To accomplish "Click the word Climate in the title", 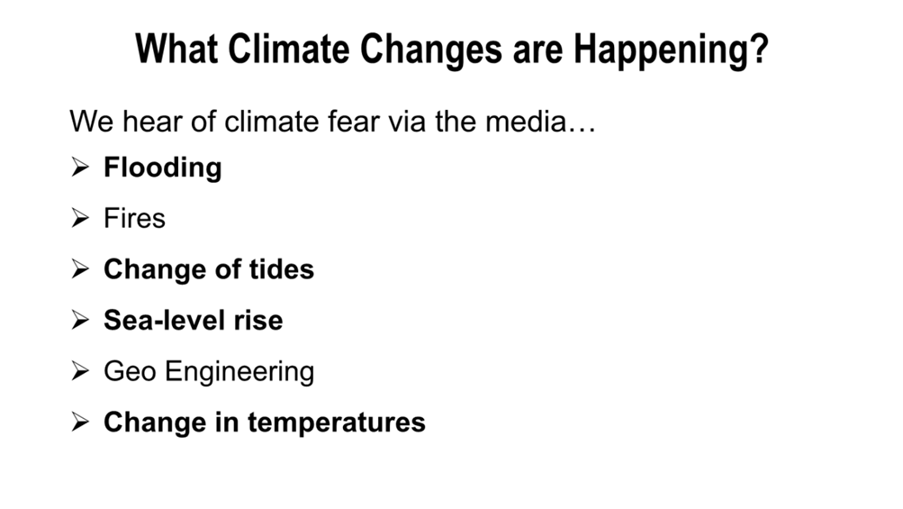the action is coord(288,49).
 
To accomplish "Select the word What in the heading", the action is coord(176,49).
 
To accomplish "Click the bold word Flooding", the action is coord(162,168).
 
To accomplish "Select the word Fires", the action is coord(134,219).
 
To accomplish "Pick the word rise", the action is coord(258,320).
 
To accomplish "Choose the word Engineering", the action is coord(239,372).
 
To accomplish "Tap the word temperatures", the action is coord(337,423).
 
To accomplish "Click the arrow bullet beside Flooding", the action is coord(80,168).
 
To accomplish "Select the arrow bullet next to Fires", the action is coord(80,218).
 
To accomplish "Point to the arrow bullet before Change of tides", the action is coord(80,268).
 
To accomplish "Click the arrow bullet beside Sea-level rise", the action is coord(80,320).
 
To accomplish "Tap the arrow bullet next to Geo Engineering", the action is coord(80,370).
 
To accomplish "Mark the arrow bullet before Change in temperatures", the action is coord(80,422).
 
